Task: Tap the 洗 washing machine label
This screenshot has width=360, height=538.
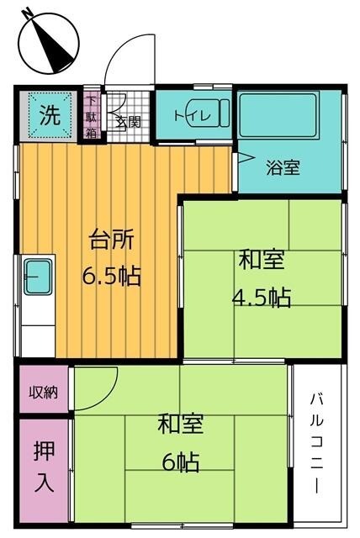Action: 50,116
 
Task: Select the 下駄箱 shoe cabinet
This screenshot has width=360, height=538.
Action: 92,116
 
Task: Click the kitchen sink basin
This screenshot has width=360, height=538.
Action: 37,277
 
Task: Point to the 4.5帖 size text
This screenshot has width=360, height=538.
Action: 262,297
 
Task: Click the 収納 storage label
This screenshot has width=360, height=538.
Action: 44,392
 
